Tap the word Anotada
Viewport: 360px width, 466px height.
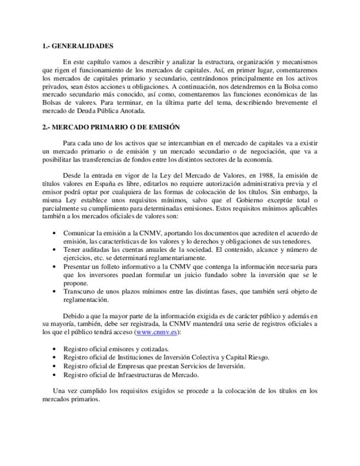[129, 110]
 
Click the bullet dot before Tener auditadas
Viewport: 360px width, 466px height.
[53, 249]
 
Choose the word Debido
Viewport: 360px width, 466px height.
[74, 316]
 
